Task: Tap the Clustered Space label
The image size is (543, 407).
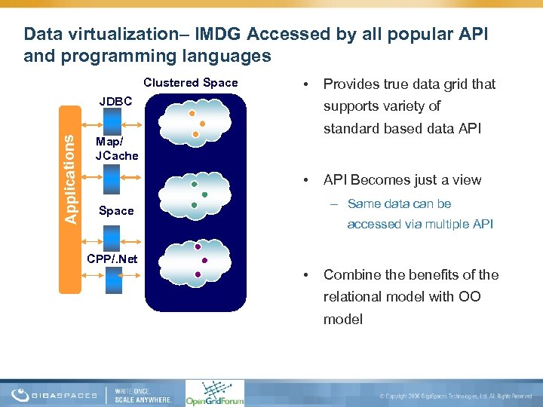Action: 190,83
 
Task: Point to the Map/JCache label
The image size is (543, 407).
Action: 117,148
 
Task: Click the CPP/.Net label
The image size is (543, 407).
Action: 112,259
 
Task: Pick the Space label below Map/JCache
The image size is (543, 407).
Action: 116,211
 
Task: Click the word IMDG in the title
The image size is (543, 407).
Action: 219,34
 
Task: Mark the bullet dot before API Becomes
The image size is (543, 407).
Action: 304,180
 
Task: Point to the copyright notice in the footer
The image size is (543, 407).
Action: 456,396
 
